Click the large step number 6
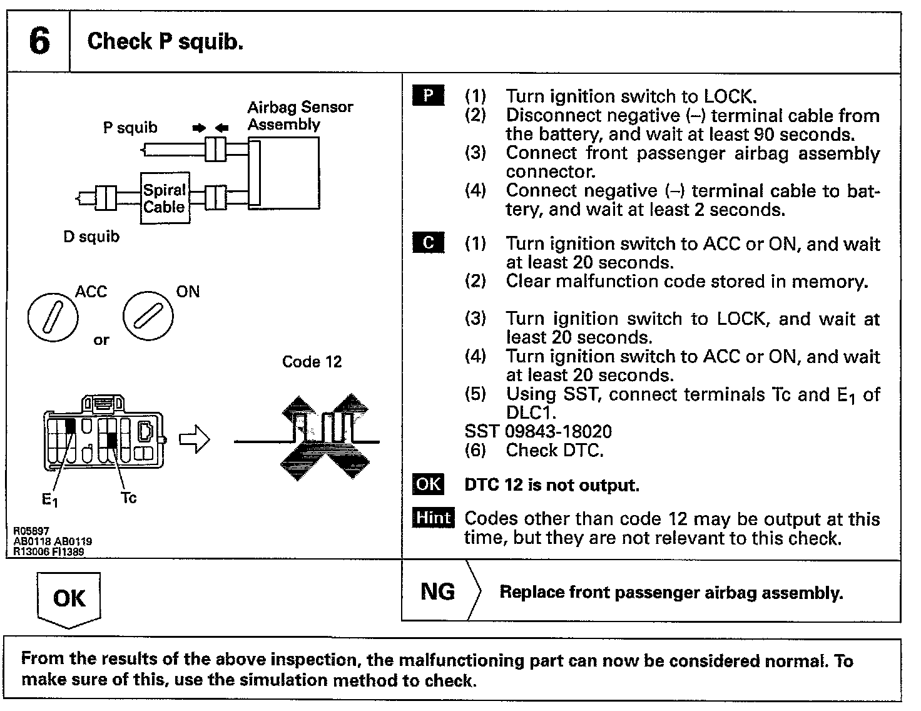tap(39, 41)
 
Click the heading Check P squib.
tap(165, 41)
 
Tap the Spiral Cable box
tap(165, 198)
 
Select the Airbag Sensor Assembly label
tap(300, 116)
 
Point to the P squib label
tap(130, 128)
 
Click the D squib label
tap(91, 237)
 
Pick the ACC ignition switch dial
tap(53, 317)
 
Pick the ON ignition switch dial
tap(148, 317)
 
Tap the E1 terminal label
tap(50, 499)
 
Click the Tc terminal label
tap(128, 498)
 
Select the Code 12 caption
tap(312, 362)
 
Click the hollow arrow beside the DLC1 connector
tap(195, 440)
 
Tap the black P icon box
tap(428, 96)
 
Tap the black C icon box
tap(428, 243)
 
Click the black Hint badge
tap(433, 518)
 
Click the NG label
tap(437, 591)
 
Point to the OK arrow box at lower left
tap(69, 598)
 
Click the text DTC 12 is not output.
tap(551, 486)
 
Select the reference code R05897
tap(31, 531)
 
